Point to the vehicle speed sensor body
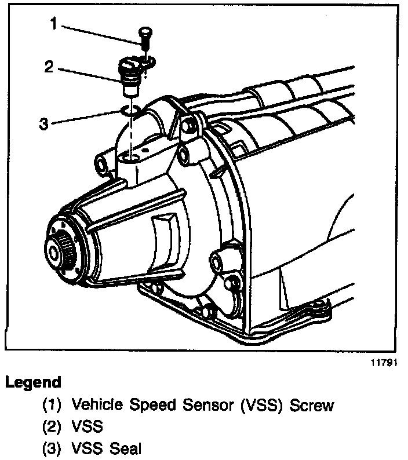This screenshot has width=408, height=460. pos(129,75)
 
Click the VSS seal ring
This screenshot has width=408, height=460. pos(131,109)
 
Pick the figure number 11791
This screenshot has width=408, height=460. pos(385,366)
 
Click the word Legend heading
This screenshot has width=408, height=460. pos(33,382)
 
